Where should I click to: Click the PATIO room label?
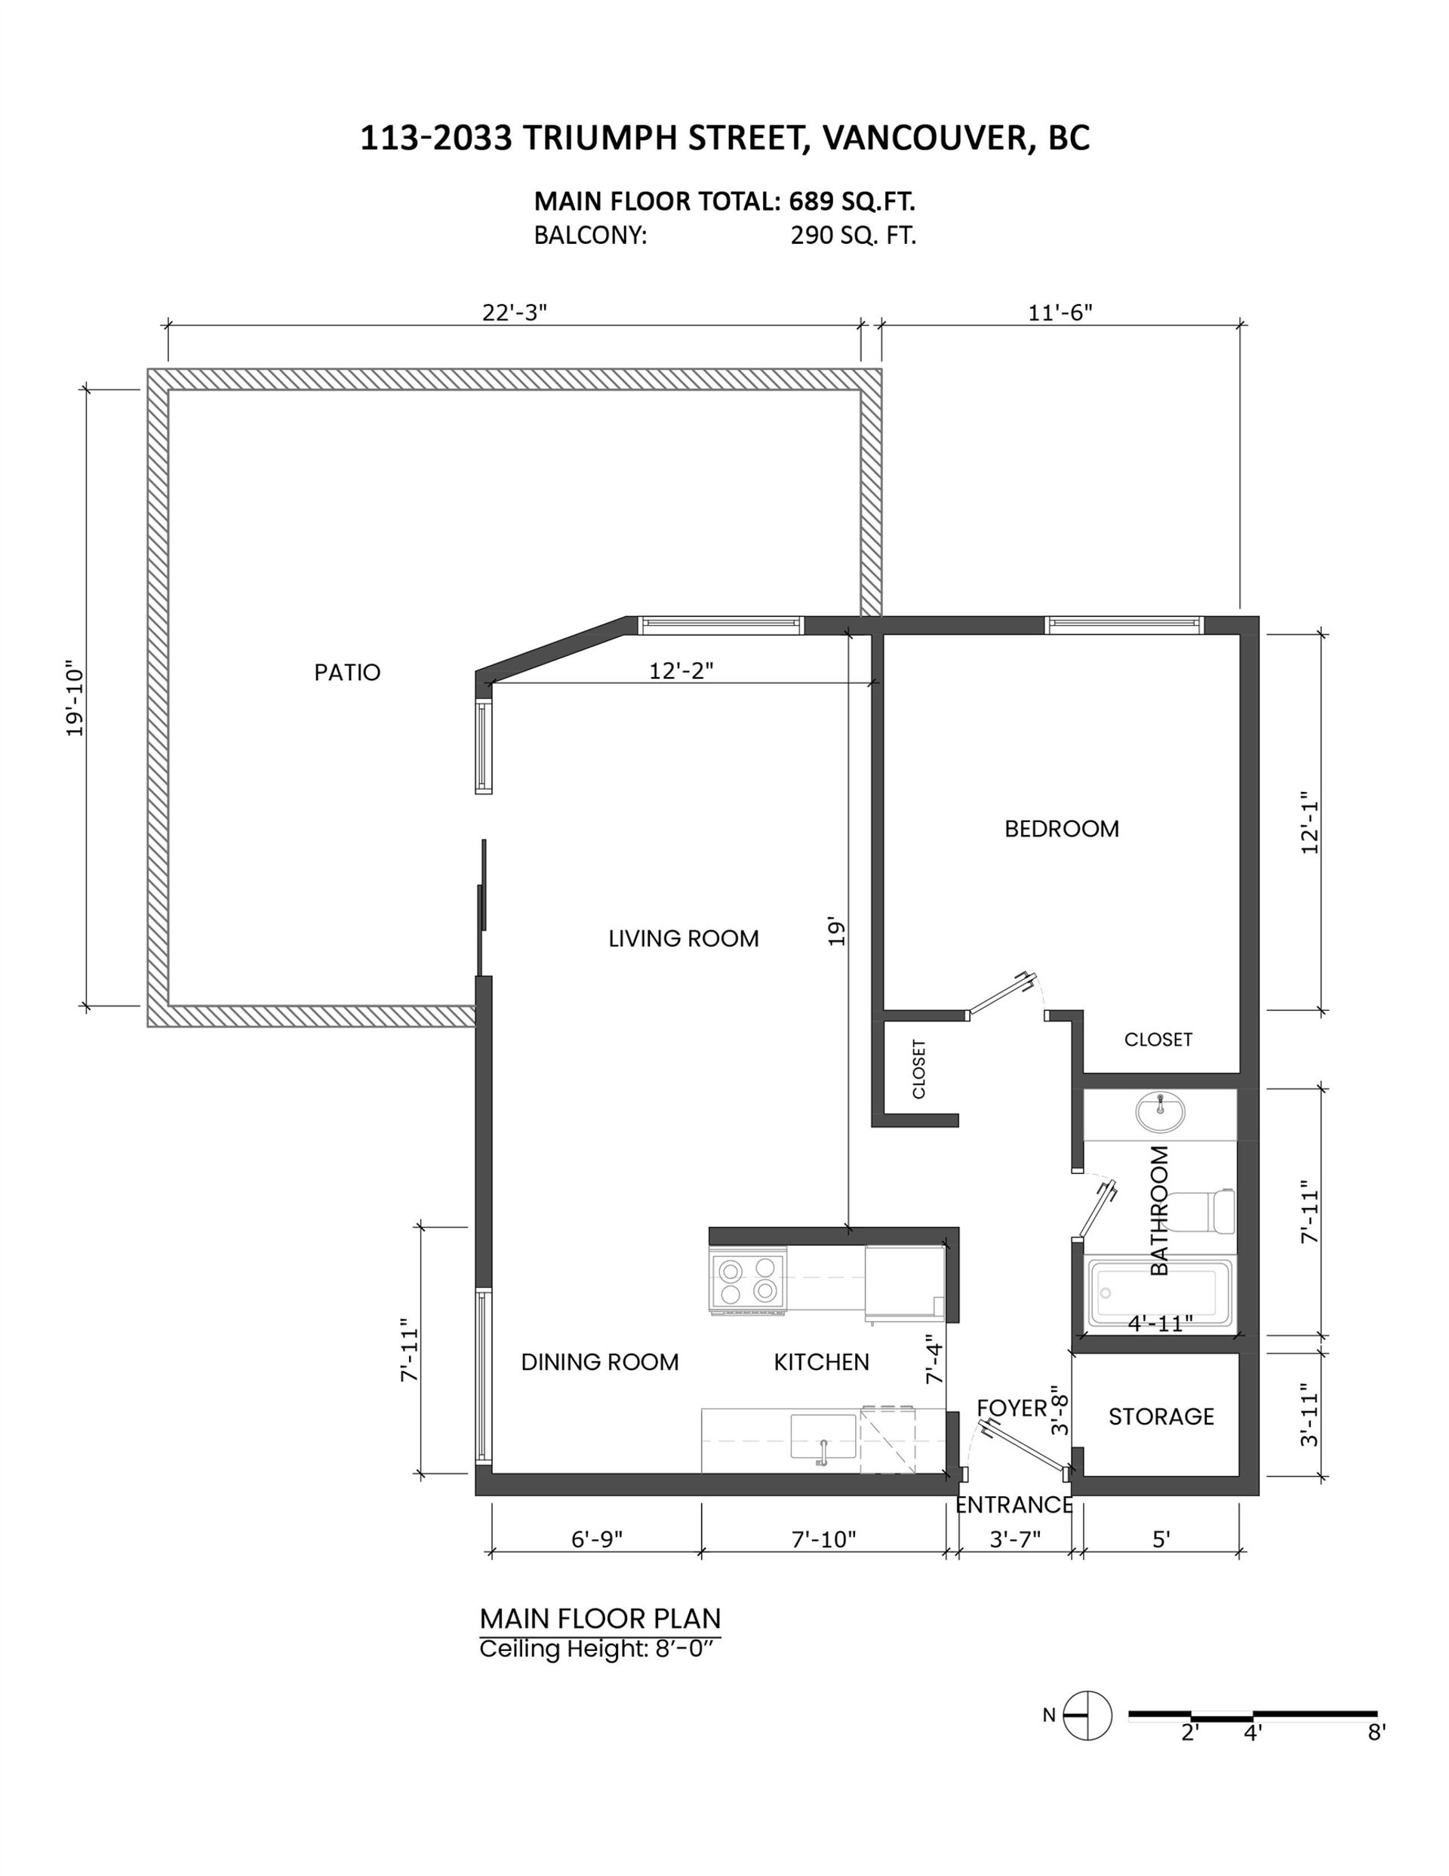[x=347, y=672]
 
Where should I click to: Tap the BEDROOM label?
[x=1062, y=829]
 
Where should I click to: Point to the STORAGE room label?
[x=1161, y=1416]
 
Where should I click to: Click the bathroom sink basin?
[x=1159, y=1114]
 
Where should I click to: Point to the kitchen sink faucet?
[x=822, y=1452]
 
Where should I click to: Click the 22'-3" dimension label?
[x=514, y=312]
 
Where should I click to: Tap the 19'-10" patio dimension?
[x=75, y=698]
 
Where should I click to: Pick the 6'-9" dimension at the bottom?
[x=597, y=1539]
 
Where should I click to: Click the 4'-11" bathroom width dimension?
[x=1161, y=1323]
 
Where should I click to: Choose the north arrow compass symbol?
[x=1088, y=1715]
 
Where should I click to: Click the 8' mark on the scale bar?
[x=1376, y=1733]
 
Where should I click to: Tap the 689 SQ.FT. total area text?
[x=852, y=201]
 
